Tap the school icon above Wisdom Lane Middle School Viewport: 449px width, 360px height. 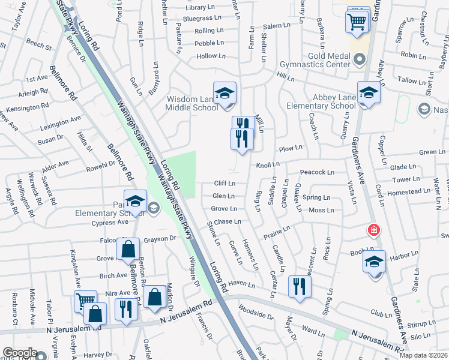point(225,94)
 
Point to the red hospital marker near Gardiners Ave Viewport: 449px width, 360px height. point(373,230)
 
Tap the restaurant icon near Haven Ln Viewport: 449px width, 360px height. point(299,286)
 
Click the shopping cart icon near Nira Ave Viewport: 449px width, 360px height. point(85,300)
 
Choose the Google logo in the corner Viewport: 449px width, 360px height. point(20,353)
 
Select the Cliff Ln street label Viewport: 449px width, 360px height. point(224,184)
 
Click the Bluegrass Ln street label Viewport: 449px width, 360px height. point(199,19)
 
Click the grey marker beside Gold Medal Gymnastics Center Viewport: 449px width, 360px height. point(360,59)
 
